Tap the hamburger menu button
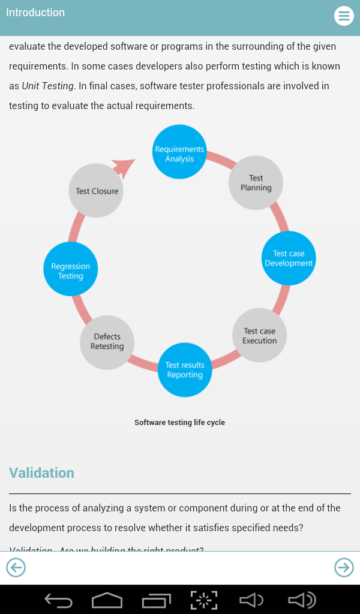[344, 16]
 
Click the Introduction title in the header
[35, 13]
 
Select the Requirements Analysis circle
[179, 152]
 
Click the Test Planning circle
[256, 183]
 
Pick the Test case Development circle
[289, 258]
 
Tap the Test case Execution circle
[259, 336]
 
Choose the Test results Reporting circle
[185, 369]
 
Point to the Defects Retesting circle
[107, 342]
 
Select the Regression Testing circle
[70, 269]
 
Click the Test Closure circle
[97, 191]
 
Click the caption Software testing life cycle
[179, 423]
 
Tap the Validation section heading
[42, 473]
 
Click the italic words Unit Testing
[48, 86]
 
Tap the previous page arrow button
[16, 567]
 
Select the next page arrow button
[344, 567]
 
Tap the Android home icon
[107, 600]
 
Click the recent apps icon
[156, 600]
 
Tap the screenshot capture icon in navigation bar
[204, 600]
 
